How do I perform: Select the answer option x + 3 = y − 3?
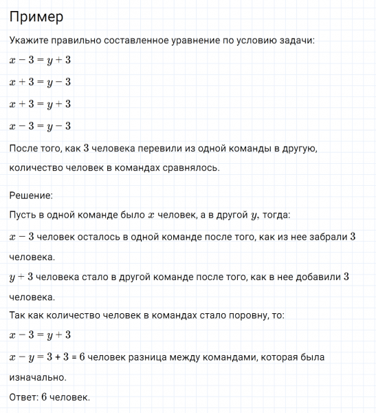pos(41,83)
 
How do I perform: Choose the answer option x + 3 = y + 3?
pos(41,104)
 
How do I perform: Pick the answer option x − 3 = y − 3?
pos(41,126)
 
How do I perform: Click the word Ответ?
pos(23,397)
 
